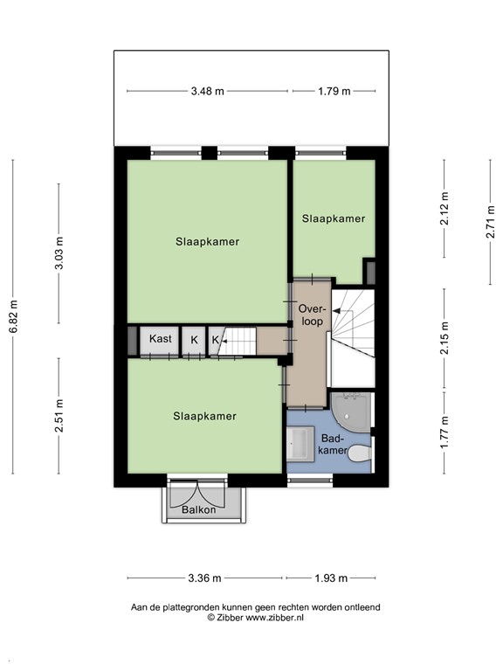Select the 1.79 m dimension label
click(334, 91)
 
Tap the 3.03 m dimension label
click(59, 254)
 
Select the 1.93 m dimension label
click(331, 578)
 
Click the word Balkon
click(198, 510)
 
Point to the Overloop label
click(312, 315)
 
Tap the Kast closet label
click(160, 339)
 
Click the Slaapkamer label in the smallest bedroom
click(334, 218)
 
